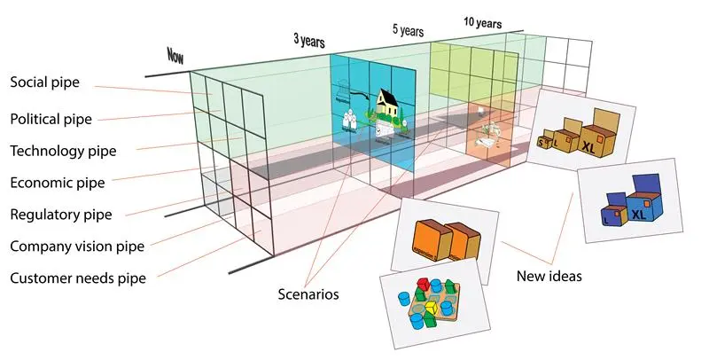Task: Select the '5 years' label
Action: point(409,29)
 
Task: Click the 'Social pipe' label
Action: point(44,82)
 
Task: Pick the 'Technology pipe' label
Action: point(63,151)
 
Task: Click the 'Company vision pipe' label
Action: point(76,246)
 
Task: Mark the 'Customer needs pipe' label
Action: point(78,278)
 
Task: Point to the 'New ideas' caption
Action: point(549,277)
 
